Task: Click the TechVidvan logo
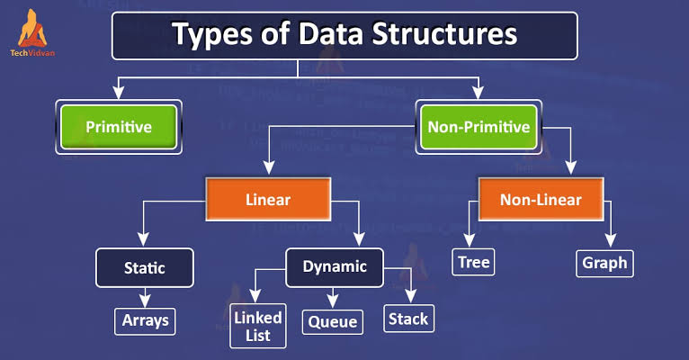(32, 33)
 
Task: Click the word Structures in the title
(444, 33)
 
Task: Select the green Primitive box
(119, 127)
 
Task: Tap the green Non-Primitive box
(479, 127)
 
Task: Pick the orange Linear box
(268, 199)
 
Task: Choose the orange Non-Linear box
(541, 199)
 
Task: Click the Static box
(145, 267)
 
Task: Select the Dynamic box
(335, 267)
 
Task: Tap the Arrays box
(145, 321)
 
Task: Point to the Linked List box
(258, 326)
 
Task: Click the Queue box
(333, 322)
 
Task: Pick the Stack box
(408, 319)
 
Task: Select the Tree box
(473, 262)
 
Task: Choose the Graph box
(604, 264)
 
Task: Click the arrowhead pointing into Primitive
(118, 93)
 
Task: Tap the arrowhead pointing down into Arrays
(145, 301)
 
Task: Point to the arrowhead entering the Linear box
(269, 167)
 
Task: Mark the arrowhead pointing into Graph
(611, 240)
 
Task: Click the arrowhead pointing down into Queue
(333, 301)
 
